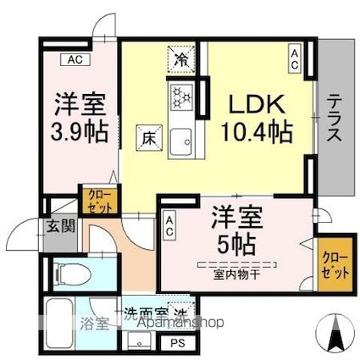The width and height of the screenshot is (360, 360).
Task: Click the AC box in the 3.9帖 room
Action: [74, 59]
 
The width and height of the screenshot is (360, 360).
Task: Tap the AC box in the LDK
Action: [294, 60]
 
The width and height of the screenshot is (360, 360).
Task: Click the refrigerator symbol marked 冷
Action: [182, 58]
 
